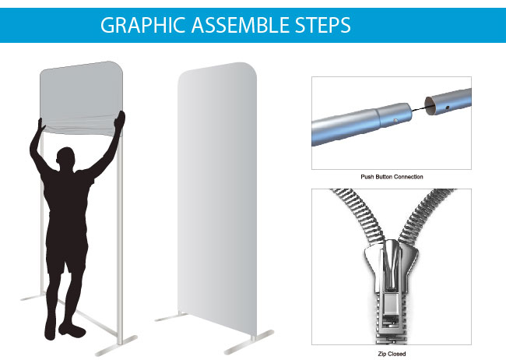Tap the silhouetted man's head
coord(66,158)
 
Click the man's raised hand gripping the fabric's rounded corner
coord(120,122)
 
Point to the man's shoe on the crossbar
coord(72,330)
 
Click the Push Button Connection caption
coord(392,177)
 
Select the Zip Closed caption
coord(392,354)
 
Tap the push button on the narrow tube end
coord(395,120)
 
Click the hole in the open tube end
coord(448,108)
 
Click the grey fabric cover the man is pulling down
coord(81,97)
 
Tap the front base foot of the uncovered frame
coord(116,346)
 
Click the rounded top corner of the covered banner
coord(249,70)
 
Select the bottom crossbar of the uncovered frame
coord(86,317)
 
